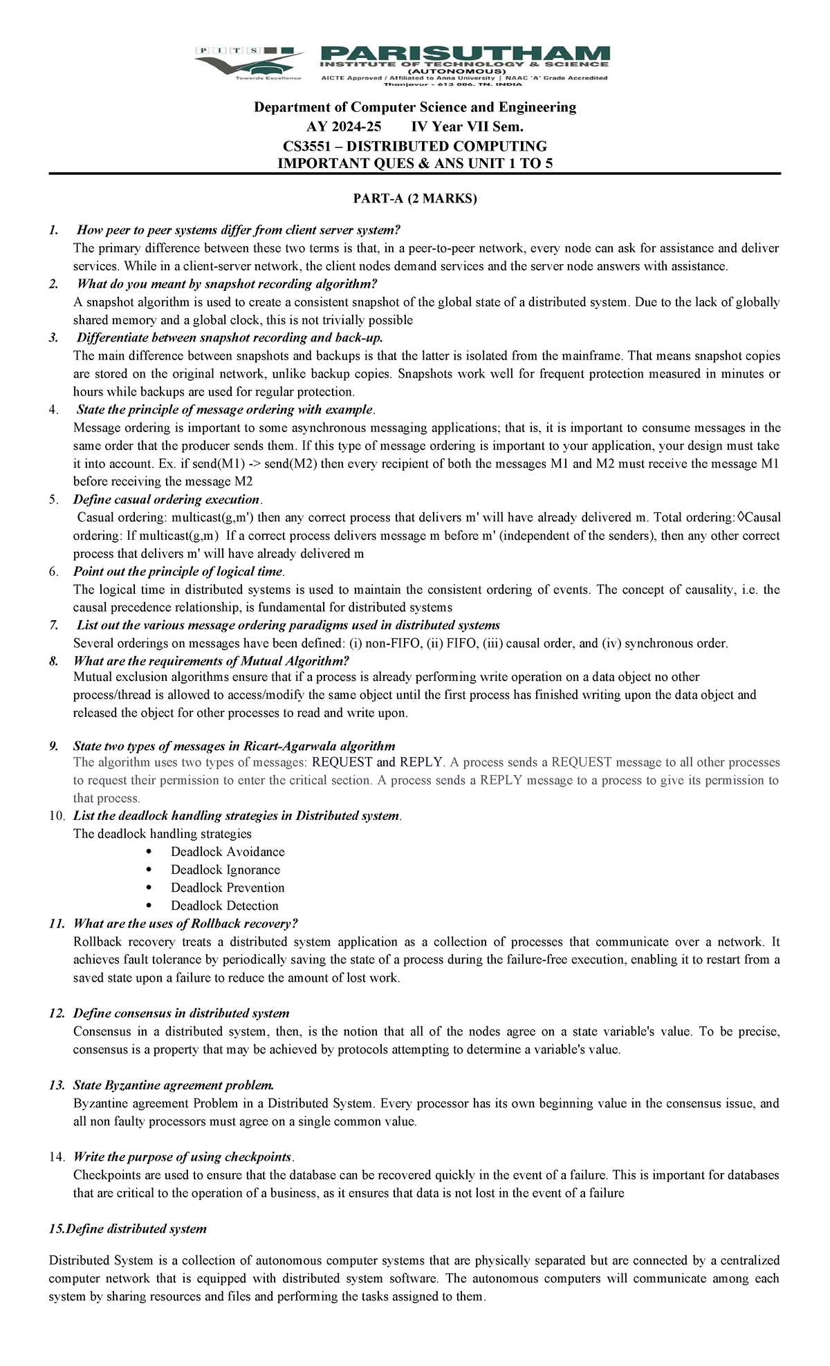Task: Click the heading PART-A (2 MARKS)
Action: pos(415,199)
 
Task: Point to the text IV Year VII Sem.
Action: pos(467,127)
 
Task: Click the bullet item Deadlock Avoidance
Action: pos(228,852)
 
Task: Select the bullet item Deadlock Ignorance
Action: pos(225,870)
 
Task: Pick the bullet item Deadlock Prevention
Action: pos(228,888)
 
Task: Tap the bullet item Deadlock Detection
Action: pos(225,906)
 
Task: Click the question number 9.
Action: pos(54,746)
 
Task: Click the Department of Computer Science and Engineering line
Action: pos(415,107)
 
